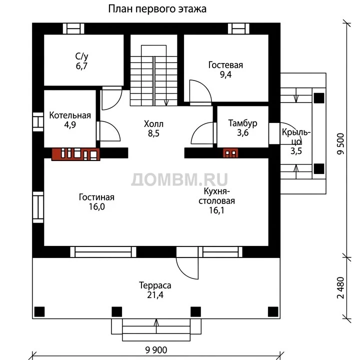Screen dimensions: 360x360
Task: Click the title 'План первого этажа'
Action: click(157, 9)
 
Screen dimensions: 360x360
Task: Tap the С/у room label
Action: click(81, 56)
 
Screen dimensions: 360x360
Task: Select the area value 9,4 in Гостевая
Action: click(225, 74)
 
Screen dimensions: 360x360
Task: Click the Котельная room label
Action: click(70, 115)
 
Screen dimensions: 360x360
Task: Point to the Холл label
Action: click(153, 124)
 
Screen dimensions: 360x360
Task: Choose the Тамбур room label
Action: click(242, 123)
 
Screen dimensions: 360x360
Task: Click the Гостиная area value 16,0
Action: click(97, 206)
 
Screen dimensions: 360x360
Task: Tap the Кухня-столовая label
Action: click(216, 196)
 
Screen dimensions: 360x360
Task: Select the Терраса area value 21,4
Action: click(155, 295)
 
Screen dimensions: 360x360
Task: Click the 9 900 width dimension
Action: click(156, 350)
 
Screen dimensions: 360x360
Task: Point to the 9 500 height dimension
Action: click(341, 144)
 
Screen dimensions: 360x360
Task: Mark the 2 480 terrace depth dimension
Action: click(341, 288)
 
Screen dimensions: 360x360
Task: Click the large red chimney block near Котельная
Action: click(75, 154)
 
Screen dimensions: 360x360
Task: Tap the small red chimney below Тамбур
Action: click(230, 153)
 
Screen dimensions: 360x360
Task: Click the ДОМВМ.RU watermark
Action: click(179, 179)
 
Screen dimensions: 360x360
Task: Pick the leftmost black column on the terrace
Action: click(39, 312)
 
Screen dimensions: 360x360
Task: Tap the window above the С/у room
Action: click(73, 28)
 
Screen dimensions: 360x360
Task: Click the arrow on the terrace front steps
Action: click(156, 326)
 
